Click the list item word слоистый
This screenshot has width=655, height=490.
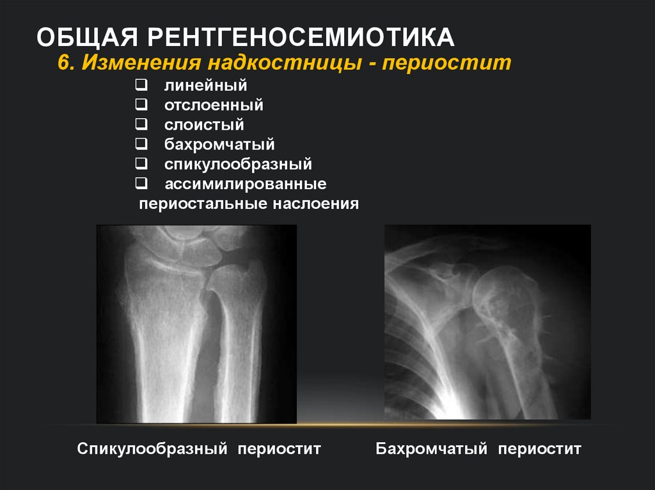(x=204, y=125)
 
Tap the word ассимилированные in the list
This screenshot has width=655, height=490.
(x=246, y=185)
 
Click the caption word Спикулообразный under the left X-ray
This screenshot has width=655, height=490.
(x=152, y=448)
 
